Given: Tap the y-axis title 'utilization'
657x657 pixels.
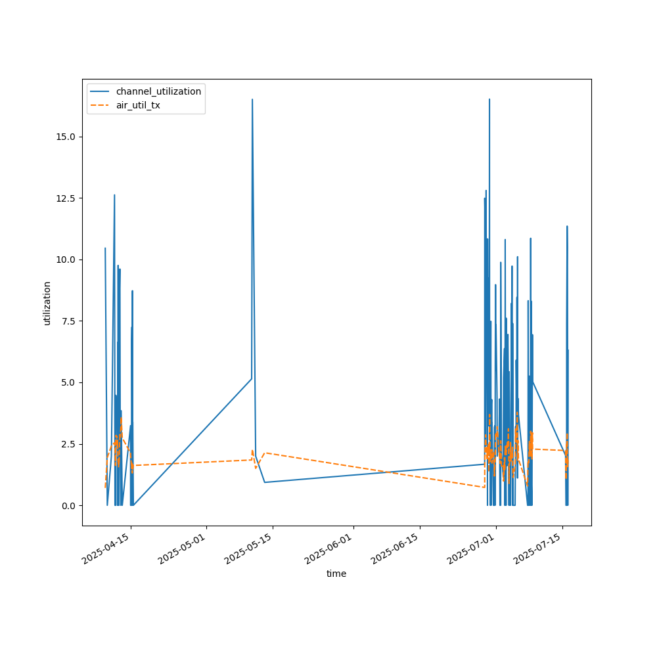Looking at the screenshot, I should coord(47,303).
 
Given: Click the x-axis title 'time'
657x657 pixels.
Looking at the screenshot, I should coord(336,574).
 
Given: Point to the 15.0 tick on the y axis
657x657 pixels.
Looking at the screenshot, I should coord(66,137).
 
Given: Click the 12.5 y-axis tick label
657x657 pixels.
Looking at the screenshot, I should coord(66,198).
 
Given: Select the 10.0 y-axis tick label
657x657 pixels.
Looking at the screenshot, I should coord(66,260).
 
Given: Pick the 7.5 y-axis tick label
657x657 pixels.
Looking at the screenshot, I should coord(68,321).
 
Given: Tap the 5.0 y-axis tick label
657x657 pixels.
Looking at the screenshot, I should coord(68,382).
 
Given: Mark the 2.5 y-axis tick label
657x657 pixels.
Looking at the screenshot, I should coord(68,444).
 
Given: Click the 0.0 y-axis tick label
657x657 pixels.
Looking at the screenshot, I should coord(68,505).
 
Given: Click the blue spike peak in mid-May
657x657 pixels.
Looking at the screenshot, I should coord(252,100).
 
